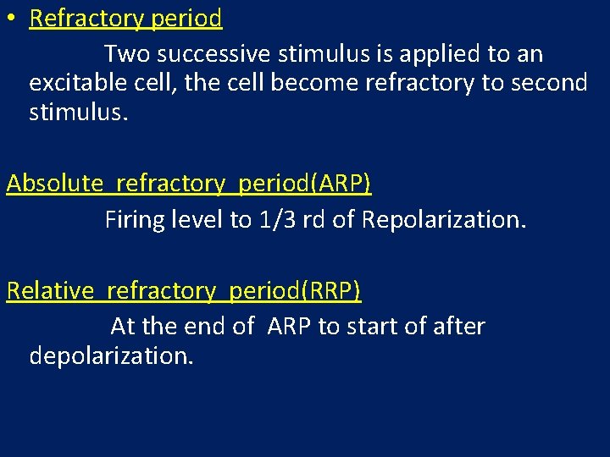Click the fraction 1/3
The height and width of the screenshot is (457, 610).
coord(277,221)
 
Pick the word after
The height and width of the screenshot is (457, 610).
coord(457,327)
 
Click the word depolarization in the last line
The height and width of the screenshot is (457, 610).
coord(111,355)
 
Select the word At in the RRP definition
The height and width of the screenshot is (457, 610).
coord(123,327)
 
